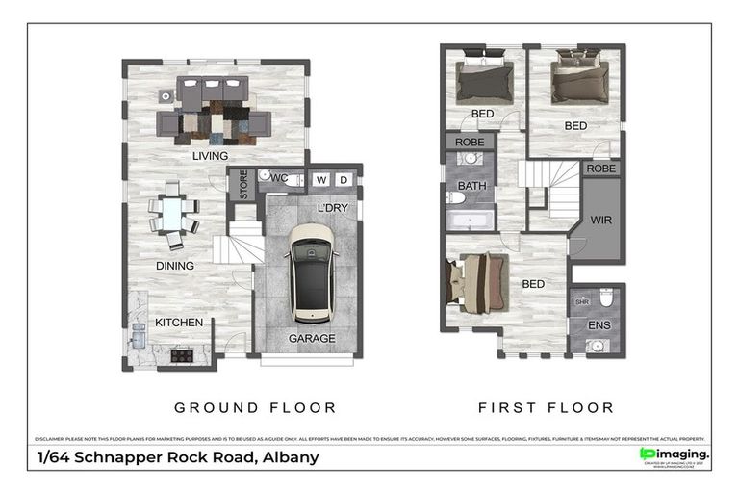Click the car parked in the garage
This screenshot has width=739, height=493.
pyautogui.click(x=311, y=272)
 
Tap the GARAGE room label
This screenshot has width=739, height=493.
pyautogui.click(x=313, y=338)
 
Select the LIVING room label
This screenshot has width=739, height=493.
pyautogui.click(x=210, y=156)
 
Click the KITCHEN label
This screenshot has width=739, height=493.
pyautogui.click(x=179, y=322)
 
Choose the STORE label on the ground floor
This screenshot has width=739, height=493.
pyautogui.click(x=244, y=184)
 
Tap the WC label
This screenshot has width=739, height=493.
pyautogui.click(x=280, y=179)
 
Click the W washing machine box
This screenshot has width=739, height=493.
pyautogui.click(x=319, y=180)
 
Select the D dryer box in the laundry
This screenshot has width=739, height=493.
pyautogui.click(x=344, y=180)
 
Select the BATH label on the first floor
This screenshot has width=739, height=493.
pyautogui.click(x=471, y=186)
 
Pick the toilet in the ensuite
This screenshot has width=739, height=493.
pyautogui.click(x=607, y=298)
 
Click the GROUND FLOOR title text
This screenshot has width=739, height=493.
pyautogui.click(x=254, y=407)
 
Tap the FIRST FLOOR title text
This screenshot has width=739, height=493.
pyautogui.click(x=546, y=407)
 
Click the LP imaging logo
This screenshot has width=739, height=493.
pyautogui.click(x=675, y=454)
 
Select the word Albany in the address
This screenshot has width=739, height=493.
pyautogui.click(x=290, y=457)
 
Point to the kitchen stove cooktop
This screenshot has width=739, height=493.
pyautogui.click(x=181, y=354)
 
